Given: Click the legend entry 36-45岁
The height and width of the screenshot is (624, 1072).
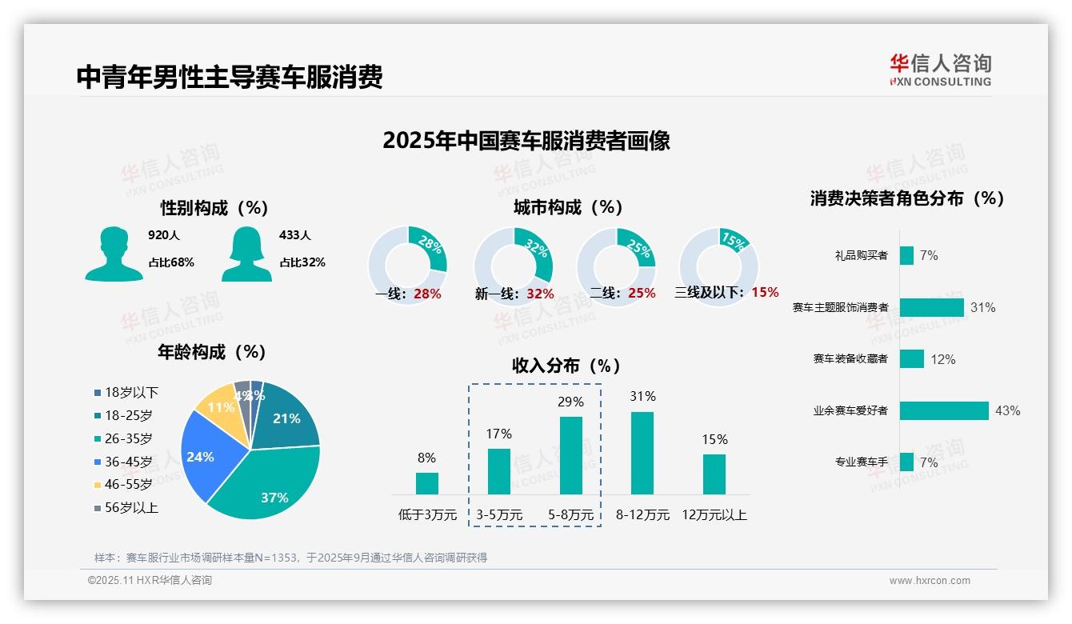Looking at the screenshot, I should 128,462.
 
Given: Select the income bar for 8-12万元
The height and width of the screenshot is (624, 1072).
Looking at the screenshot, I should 642,453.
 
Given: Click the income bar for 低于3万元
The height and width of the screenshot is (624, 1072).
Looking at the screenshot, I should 427,483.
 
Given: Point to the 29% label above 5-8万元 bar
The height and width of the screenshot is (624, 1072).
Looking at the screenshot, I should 570,402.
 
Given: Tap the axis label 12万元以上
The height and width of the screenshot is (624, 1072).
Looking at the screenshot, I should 714,515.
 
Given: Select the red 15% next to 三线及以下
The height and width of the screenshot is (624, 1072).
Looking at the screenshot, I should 765,293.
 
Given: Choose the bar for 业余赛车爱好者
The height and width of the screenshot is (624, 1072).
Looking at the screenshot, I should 944,410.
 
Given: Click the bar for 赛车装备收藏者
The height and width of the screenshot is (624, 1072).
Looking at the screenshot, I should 911,359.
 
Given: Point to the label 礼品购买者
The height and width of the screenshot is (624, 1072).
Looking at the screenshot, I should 861,256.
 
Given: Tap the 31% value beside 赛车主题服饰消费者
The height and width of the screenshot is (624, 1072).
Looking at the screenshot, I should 982,307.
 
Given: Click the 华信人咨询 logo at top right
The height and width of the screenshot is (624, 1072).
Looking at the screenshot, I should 940,70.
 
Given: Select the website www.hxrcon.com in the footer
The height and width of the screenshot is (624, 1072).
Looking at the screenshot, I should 930,581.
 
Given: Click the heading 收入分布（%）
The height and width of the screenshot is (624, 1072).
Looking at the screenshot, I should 566,366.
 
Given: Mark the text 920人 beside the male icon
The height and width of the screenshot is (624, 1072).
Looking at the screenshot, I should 164,235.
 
